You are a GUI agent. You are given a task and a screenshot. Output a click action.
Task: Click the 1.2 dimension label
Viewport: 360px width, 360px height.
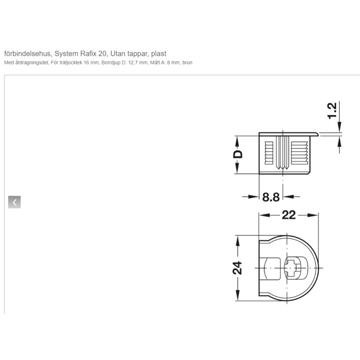332,111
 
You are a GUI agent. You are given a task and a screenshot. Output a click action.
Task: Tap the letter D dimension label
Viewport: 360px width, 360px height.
238,154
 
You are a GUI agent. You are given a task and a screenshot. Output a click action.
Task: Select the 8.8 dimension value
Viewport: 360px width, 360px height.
271,197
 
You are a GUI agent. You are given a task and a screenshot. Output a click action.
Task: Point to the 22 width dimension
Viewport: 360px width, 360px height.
288,215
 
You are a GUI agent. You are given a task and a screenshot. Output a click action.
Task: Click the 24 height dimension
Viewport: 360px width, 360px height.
237,268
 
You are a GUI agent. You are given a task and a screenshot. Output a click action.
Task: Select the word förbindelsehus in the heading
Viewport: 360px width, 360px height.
27,54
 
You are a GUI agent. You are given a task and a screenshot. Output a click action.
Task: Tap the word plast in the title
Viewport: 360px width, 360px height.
159,54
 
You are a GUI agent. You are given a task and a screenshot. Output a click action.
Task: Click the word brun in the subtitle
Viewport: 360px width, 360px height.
187,63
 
